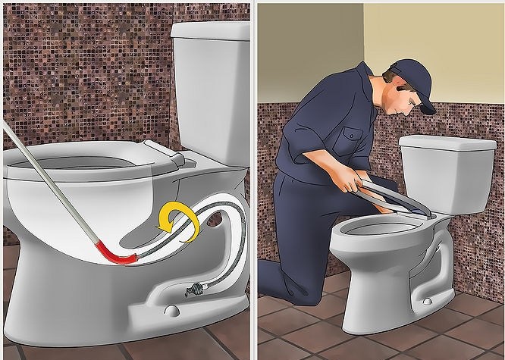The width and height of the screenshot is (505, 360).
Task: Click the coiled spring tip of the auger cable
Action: coord(196,290)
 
